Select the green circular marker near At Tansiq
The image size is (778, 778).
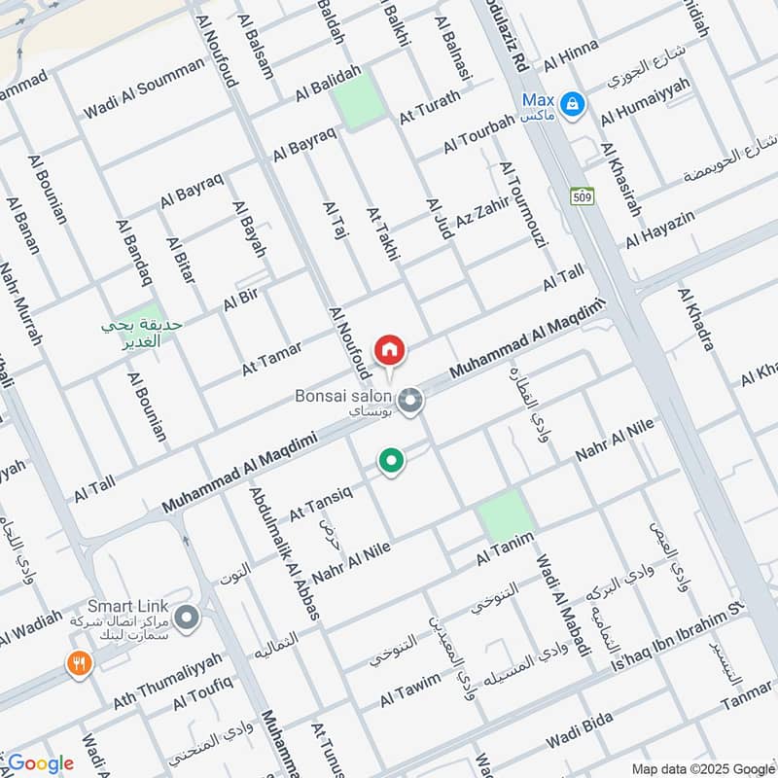(391, 460)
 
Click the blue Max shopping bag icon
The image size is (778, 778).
(573, 101)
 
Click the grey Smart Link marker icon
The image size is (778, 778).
(188, 617)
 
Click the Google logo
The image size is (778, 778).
(40, 763)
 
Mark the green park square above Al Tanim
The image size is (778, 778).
(507, 515)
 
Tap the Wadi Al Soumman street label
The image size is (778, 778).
(144, 88)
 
